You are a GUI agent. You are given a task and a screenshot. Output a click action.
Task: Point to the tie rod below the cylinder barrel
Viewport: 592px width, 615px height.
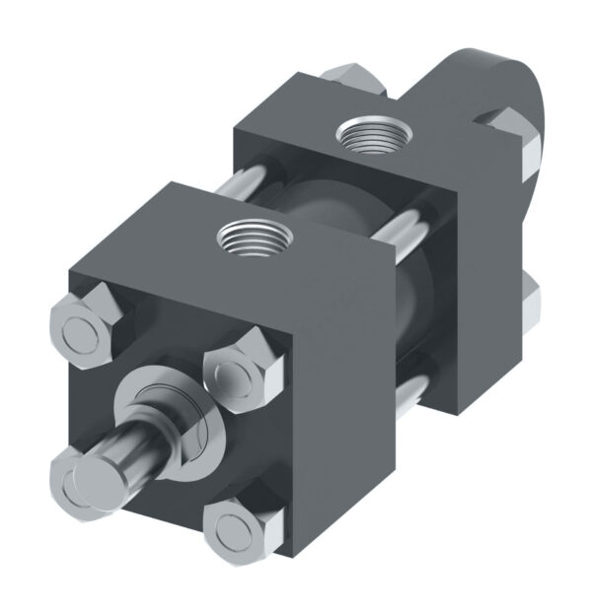click(414, 394)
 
